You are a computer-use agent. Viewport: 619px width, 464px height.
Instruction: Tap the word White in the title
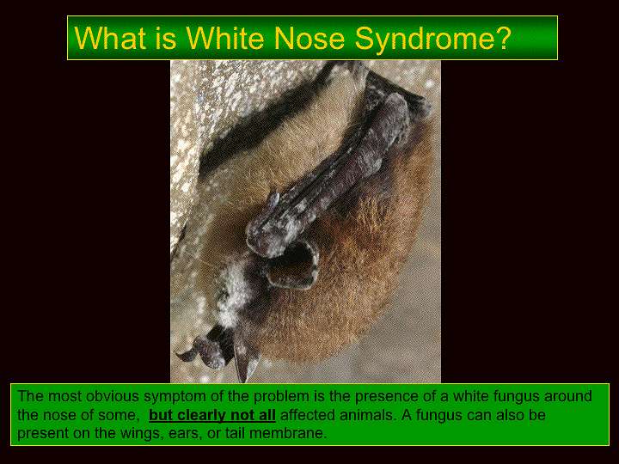tap(225, 38)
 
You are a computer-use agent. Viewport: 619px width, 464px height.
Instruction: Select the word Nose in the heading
tap(309, 39)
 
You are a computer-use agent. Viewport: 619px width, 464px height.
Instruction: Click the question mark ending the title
tap(503, 38)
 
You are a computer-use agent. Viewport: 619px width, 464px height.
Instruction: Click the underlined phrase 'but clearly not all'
tap(212, 415)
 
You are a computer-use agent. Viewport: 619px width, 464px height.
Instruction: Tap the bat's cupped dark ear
tap(293, 266)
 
